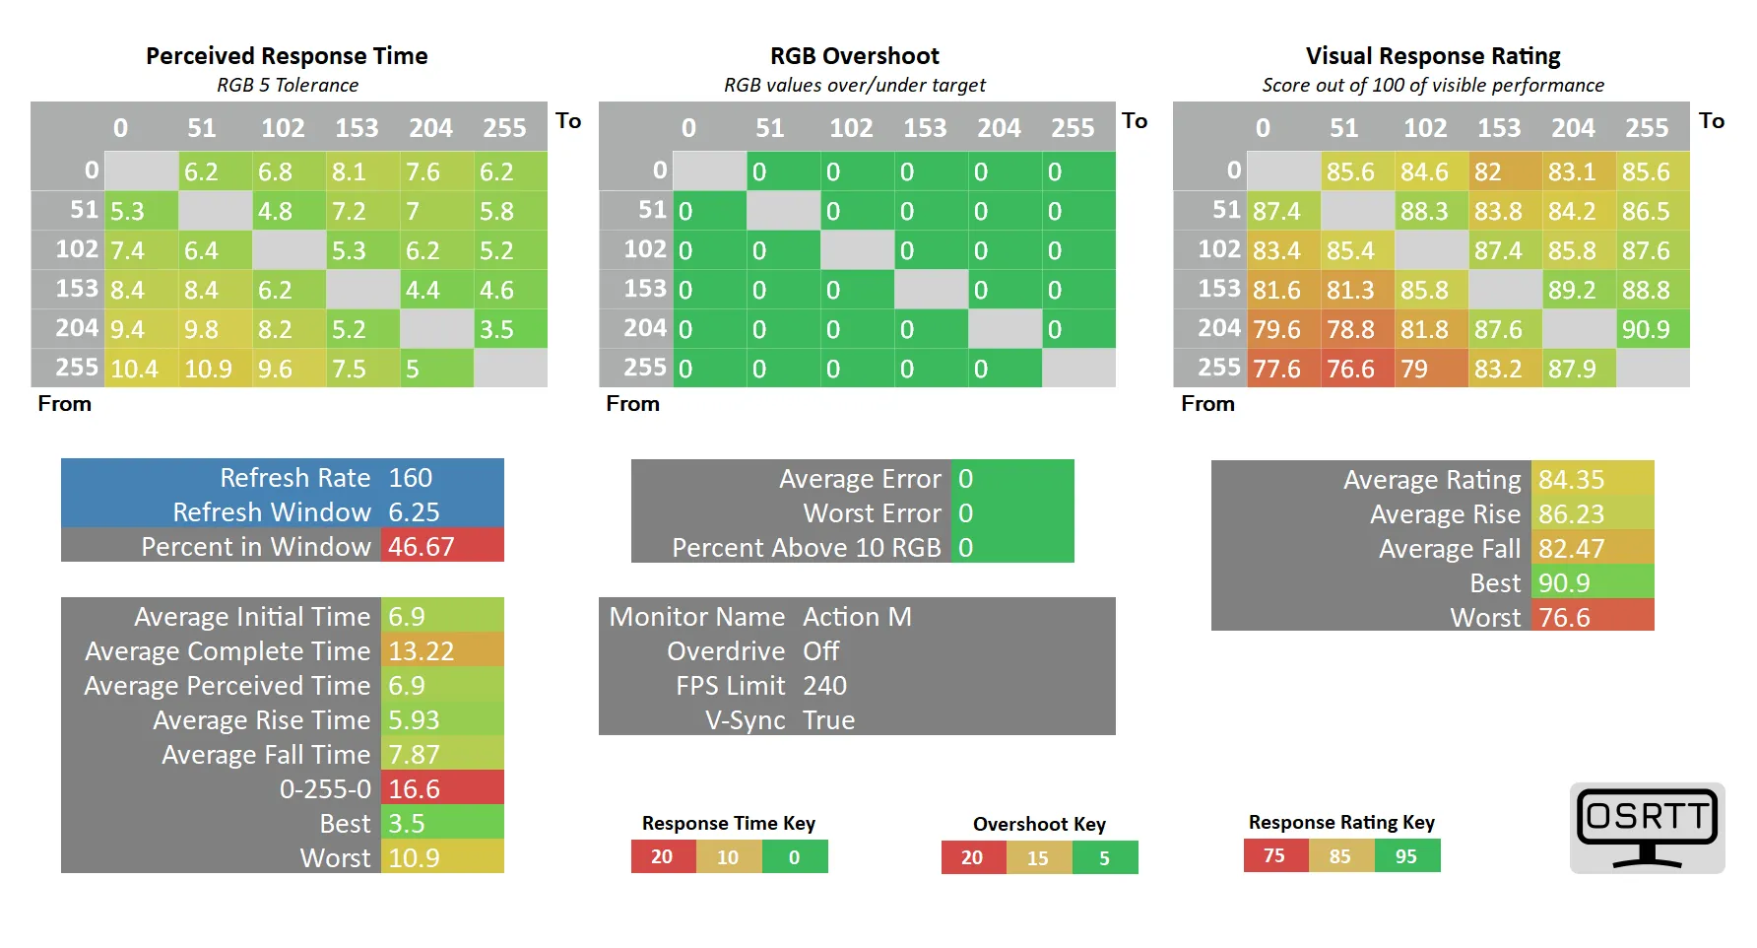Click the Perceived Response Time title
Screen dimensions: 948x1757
[x=287, y=56]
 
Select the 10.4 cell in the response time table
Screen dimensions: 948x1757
[x=135, y=369]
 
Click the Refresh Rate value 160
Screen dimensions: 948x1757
[x=411, y=478]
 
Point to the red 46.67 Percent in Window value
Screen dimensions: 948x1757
[x=422, y=547]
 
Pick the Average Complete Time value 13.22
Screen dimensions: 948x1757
[x=422, y=651]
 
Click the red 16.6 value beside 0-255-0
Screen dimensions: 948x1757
[x=415, y=789]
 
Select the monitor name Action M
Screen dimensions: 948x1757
[x=857, y=617]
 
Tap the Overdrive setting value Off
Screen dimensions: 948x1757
[x=821, y=651]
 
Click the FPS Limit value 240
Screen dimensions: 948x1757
[x=824, y=686]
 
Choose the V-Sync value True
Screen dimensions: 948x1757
[x=828, y=720]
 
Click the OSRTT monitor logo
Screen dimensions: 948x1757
[x=1647, y=827]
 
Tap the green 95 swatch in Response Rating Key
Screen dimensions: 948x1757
[x=1406, y=856]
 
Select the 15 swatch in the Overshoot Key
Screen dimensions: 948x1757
[x=1038, y=858]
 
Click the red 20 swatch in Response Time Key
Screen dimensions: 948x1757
[x=662, y=857]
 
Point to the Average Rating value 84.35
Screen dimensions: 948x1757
[x=1572, y=480]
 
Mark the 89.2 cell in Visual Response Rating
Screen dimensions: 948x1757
[x=1572, y=290]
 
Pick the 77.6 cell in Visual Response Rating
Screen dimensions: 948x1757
[x=1276, y=369]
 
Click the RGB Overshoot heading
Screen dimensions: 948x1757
[x=854, y=56]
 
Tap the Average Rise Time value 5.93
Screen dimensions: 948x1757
[x=414, y=720]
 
